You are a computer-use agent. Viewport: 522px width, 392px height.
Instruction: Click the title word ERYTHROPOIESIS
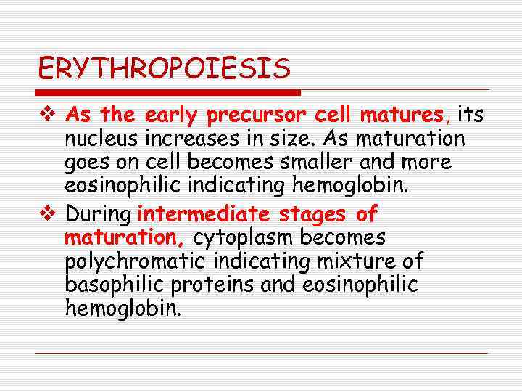tap(164, 70)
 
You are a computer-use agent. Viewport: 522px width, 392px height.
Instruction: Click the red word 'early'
tap(172, 115)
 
